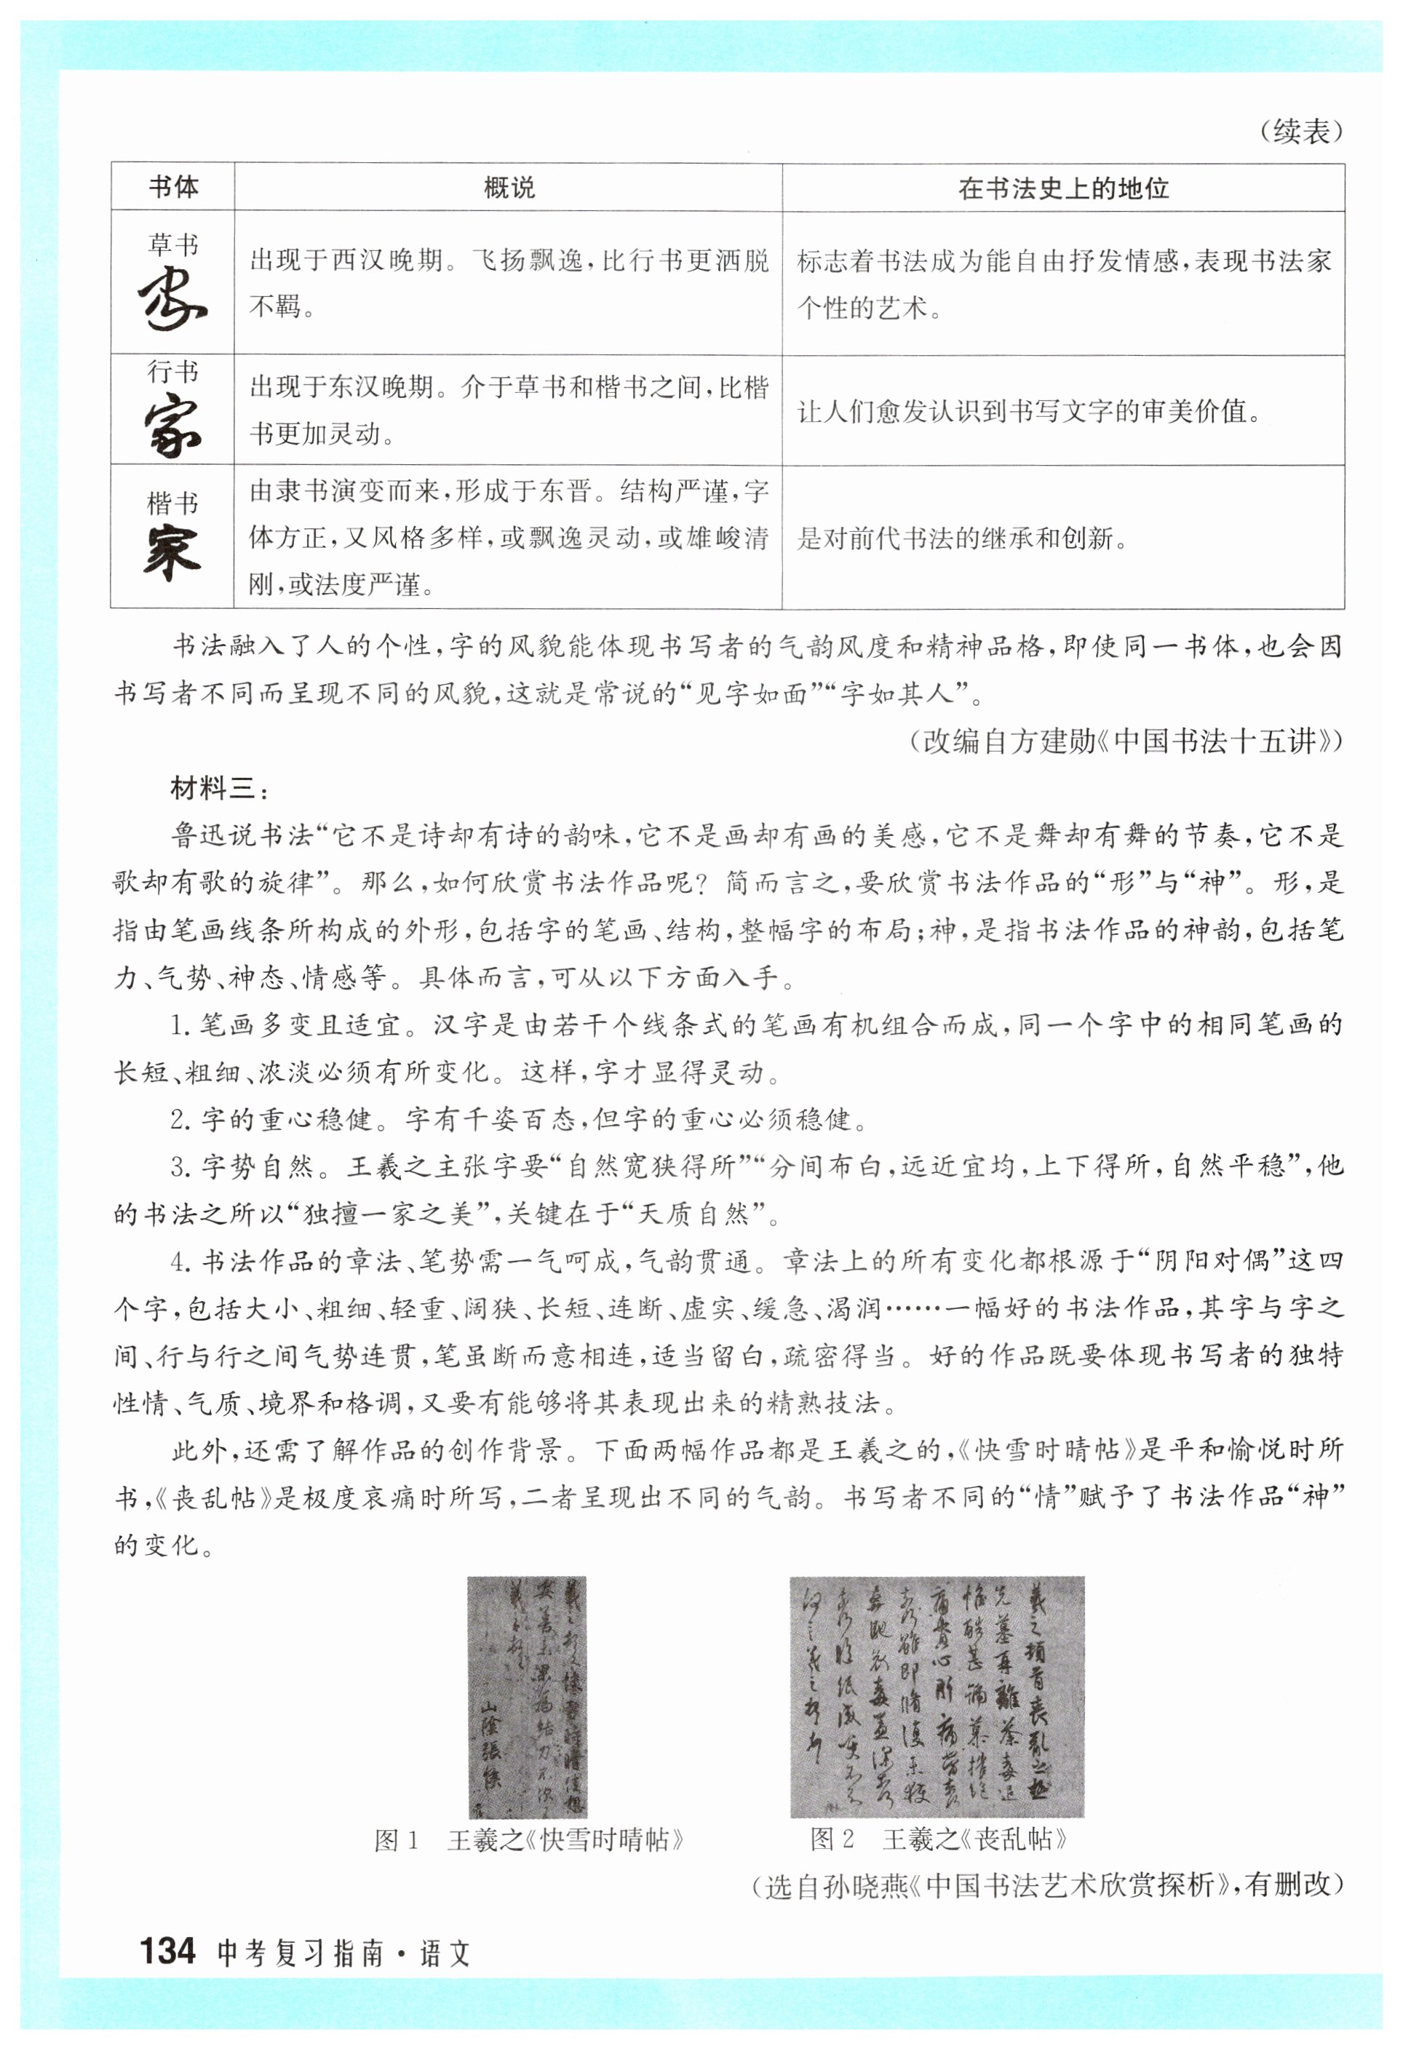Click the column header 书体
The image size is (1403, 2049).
[x=173, y=187]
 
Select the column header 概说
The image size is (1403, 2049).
[x=509, y=188]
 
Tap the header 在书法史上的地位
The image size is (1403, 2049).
[x=1062, y=188]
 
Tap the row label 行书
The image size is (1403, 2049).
[x=173, y=372]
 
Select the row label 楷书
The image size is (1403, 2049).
[x=173, y=503]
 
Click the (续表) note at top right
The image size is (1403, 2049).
[x=1300, y=132]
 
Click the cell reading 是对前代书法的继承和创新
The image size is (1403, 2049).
[x=962, y=538]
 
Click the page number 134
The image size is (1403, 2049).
[x=167, y=1952]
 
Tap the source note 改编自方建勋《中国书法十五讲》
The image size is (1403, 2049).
[x=1126, y=741]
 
